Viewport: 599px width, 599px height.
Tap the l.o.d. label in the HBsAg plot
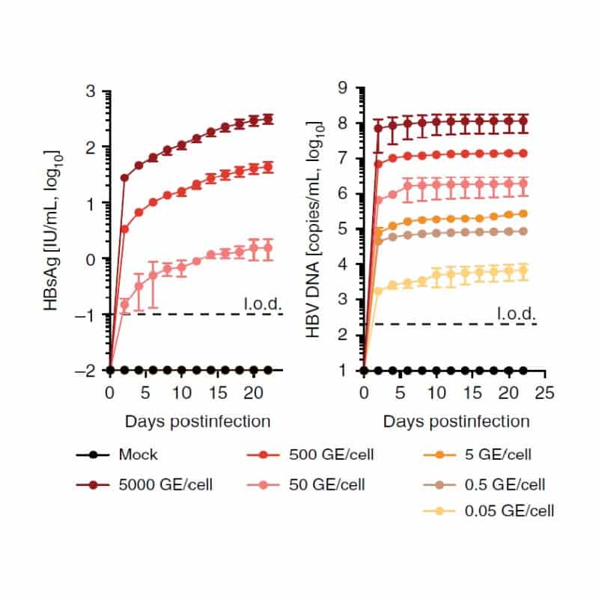[x=262, y=303]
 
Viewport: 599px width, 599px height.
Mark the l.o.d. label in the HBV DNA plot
[x=517, y=314]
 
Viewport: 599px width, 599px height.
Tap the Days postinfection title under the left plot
[x=198, y=422]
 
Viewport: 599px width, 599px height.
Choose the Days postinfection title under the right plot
[x=456, y=422]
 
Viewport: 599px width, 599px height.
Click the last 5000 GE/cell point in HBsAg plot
[x=267, y=119]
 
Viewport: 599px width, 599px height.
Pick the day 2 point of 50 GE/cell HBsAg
[x=124, y=304]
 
